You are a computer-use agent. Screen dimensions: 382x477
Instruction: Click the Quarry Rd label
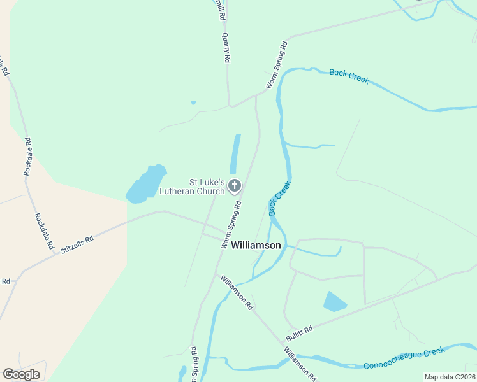pos(225,48)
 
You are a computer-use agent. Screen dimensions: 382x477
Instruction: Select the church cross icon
pos(235,186)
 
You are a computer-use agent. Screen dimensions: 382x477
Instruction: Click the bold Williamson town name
pos(256,245)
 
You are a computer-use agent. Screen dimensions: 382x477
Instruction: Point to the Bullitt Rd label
pos(299,330)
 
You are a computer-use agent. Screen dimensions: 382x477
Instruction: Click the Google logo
pos(21,374)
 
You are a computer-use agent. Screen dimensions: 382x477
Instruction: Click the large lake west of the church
pos(146,185)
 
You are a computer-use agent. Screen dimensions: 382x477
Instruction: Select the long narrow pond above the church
pos(235,153)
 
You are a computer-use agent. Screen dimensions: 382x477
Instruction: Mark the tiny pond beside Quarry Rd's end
pos(193,103)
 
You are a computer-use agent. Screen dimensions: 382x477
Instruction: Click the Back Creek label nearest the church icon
pos(279,198)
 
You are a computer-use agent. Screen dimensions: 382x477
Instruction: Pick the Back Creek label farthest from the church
pos(349,77)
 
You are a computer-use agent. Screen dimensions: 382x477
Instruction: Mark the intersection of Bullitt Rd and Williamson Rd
pos(283,341)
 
